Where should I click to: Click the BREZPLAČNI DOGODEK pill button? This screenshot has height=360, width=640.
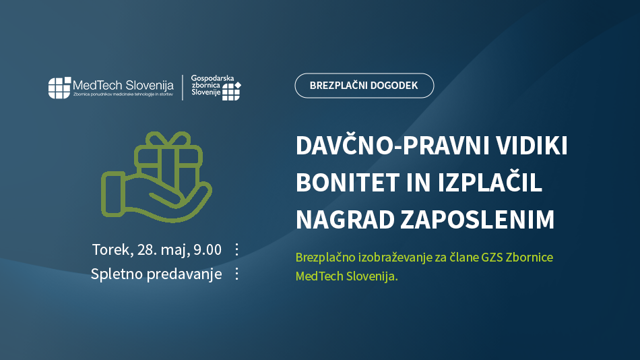(364, 86)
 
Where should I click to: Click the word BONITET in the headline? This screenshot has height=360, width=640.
(348, 183)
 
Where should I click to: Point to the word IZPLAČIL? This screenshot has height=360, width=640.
(490, 182)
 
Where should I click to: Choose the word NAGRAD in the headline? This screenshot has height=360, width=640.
(344, 219)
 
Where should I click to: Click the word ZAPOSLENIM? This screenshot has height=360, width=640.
(477, 219)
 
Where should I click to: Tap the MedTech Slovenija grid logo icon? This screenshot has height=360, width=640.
(59, 88)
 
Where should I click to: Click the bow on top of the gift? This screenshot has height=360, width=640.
(168, 140)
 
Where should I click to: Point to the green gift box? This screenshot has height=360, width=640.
(168, 165)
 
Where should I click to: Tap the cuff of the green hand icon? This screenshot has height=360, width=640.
(113, 193)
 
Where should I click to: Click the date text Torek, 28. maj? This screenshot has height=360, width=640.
(141, 249)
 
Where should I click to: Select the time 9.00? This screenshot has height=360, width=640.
(207, 249)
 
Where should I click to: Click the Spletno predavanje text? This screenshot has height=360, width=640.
(156, 274)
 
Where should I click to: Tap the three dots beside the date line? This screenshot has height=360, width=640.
(236, 249)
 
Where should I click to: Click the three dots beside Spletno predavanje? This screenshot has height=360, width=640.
(236, 274)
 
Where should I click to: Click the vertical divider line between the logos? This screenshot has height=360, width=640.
(183, 88)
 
